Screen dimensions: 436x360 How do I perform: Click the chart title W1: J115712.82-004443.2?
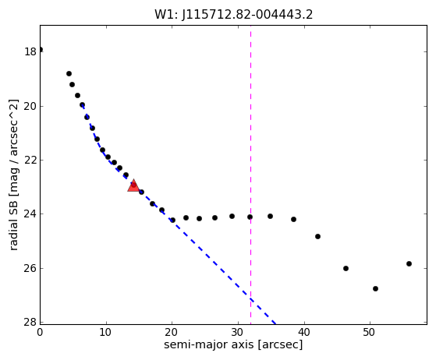(x=233, y=15)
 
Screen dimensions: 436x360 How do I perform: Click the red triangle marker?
(x=133, y=185)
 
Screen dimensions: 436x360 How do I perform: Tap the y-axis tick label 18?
(x=30, y=51)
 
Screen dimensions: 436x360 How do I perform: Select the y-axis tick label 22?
(x=30, y=161)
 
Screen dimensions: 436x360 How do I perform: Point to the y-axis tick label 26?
(x=30, y=268)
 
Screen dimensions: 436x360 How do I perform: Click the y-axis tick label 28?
(x=30, y=323)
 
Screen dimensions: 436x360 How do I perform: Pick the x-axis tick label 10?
(x=105, y=332)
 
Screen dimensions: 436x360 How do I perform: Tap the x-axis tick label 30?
(x=238, y=332)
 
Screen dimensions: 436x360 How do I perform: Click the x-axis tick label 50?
(x=370, y=332)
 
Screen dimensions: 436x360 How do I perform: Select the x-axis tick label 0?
(x=40, y=332)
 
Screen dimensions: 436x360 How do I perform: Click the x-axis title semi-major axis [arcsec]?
(x=233, y=344)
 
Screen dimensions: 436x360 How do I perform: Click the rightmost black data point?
(x=409, y=263)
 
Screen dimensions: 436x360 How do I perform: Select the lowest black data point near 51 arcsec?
(x=375, y=288)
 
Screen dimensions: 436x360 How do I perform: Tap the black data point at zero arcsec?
(x=41, y=50)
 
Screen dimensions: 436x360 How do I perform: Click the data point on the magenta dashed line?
(x=250, y=217)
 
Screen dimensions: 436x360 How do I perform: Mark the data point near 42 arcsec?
(x=317, y=236)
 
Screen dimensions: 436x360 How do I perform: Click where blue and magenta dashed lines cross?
(x=251, y=299)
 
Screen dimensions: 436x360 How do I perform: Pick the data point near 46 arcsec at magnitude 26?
(x=346, y=268)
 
